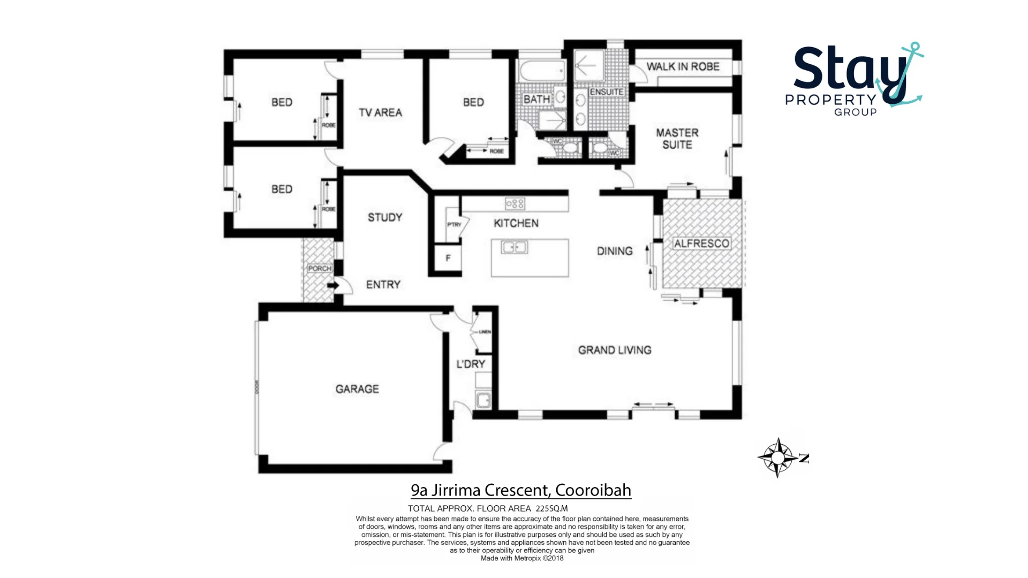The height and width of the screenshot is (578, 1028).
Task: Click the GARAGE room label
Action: (357, 389)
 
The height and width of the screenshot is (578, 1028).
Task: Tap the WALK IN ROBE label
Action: (683, 67)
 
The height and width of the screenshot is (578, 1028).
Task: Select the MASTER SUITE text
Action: (677, 139)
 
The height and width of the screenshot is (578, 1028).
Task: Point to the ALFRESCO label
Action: (701, 244)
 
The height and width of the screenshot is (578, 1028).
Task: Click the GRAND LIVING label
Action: (615, 350)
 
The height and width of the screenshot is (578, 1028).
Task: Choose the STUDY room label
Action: (385, 217)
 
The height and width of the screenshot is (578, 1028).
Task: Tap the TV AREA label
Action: (380, 113)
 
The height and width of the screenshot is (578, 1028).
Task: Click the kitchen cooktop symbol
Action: (515, 203)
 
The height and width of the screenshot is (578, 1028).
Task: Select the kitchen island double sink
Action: (514, 247)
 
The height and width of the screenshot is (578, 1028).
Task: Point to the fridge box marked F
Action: (448, 258)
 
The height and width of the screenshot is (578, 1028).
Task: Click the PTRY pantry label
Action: (454, 224)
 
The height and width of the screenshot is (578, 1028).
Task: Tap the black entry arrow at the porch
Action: (333, 286)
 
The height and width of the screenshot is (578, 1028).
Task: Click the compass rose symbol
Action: (778, 458)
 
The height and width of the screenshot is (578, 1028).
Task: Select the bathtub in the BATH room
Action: (542, 71)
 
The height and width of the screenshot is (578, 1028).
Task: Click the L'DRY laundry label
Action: (471, 364)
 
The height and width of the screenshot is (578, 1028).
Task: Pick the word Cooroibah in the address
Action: (593, 490)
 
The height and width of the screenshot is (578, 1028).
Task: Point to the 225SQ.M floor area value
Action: (551, 508)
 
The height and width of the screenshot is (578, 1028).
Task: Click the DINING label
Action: (615, 251)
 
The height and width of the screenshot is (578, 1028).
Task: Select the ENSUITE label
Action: (607, 92)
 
